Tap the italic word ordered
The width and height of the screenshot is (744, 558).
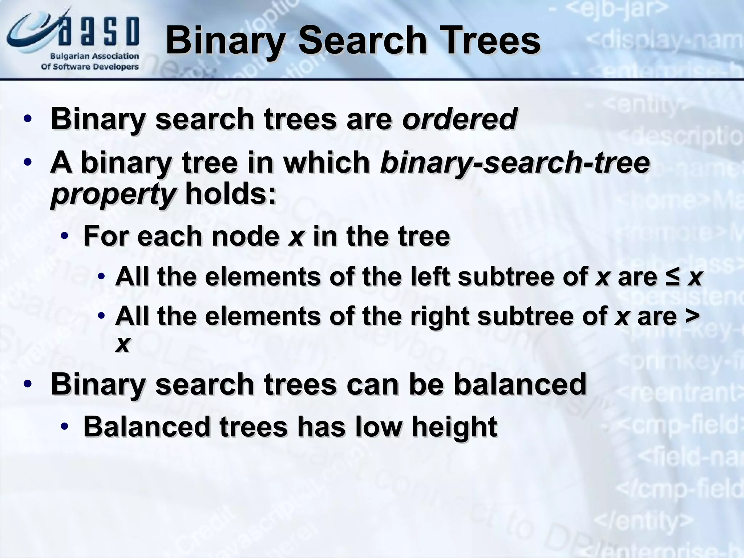(x=459, y=119)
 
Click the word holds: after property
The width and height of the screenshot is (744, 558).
(x=231, y=194)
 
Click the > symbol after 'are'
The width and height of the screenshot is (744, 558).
(x=692, y=315)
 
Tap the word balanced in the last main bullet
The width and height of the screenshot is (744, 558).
(x=520, y=384)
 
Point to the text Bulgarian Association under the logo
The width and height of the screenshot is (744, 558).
(x=94, y=56)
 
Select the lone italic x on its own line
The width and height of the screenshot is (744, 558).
(x=122, y=344)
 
